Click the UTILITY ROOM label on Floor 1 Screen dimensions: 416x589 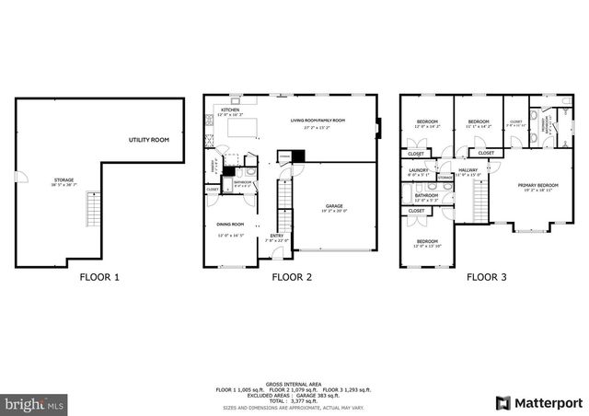(148, 139)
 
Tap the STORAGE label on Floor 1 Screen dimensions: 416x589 (64, 179)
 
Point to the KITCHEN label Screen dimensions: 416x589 (229, 110)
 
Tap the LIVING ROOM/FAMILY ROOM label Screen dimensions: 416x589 (318, 121)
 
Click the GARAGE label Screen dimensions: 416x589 (334, 205)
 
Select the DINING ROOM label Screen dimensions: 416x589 (230, 224)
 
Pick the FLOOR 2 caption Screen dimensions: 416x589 (292, 276)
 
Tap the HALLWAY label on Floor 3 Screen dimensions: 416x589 (468, 169)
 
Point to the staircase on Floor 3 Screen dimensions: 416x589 (479, 199)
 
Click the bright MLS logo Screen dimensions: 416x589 (33, 403)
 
